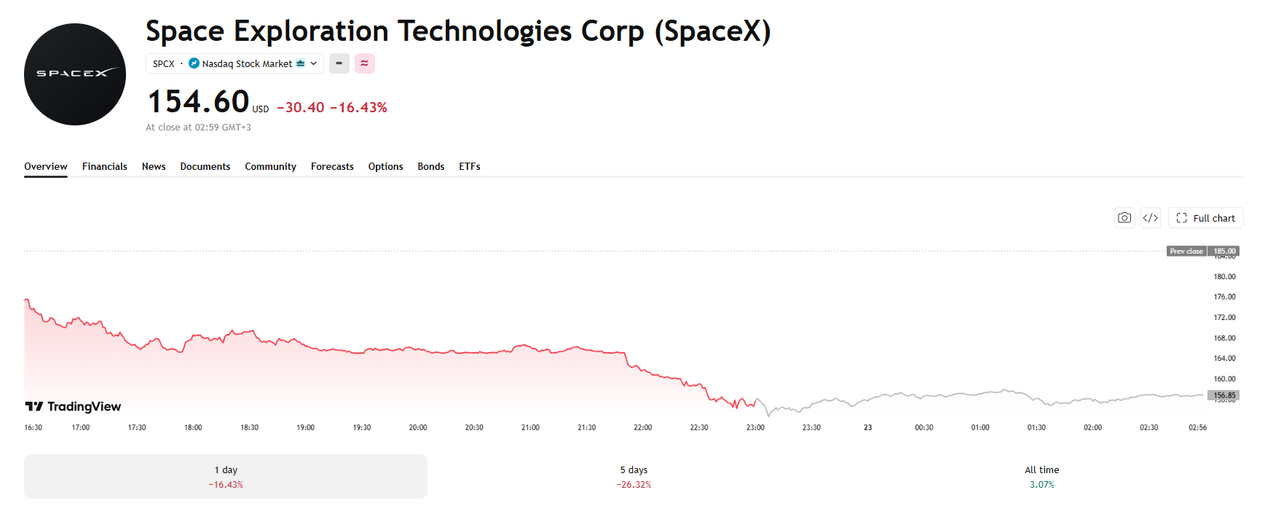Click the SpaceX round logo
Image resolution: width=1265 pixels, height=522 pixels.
coord(75,74)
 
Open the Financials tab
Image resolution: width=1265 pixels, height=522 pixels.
coord(105,166)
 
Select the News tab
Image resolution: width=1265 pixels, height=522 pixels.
coord(154,166)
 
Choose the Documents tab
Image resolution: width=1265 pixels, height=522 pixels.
coord(205,166)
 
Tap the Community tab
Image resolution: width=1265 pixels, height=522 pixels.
coord(270,166)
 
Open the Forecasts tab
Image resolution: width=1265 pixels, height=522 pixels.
coord(332,166)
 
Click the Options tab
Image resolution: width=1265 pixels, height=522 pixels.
coord(385,166)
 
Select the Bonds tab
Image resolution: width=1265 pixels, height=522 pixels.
coord(431,166)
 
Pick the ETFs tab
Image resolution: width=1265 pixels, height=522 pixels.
coord(470,166)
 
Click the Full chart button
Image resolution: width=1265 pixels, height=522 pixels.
coord(1205,218)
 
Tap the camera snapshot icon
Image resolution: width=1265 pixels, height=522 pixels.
coord(1124,218)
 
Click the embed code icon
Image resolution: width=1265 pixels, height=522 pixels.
coord(1151,218)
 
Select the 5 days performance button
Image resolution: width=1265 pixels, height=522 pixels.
coord(634,477)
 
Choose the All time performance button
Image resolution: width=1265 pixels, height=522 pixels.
coord(1041,477)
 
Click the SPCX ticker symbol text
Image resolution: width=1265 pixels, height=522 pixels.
coord(164,64)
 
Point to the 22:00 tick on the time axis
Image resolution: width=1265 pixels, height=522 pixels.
coord(642,427)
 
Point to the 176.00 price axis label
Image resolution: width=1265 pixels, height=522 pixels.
coord(1224,297)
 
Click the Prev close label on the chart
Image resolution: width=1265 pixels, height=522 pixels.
coord(1186,251)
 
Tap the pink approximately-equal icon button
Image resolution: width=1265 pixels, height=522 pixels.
coord(364,63)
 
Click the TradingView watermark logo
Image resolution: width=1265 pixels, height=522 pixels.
coord(73,406)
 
